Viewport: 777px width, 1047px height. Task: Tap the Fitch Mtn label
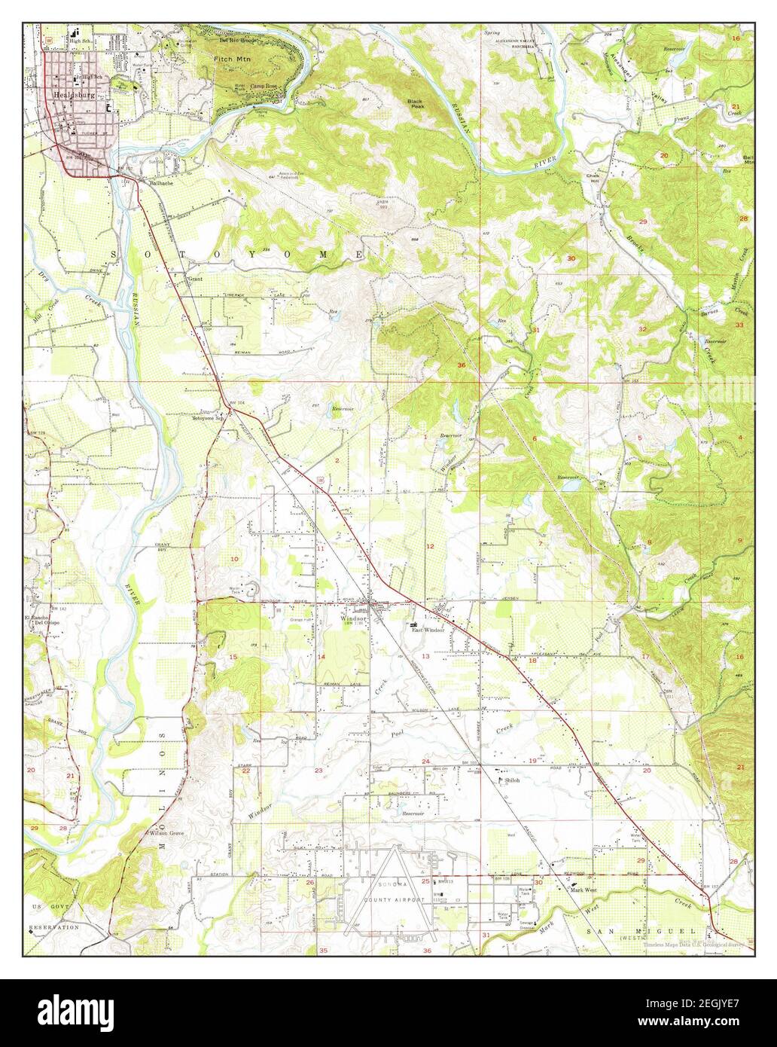(232, 57)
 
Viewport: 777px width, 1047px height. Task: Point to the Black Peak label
(415, 103)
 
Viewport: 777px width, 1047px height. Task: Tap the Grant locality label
(195, 278)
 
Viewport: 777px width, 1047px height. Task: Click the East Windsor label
(428, 630)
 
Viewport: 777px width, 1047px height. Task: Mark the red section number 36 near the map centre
(462, 365)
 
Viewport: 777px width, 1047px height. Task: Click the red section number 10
(234, 558)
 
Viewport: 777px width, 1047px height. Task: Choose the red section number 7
(540, 543)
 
